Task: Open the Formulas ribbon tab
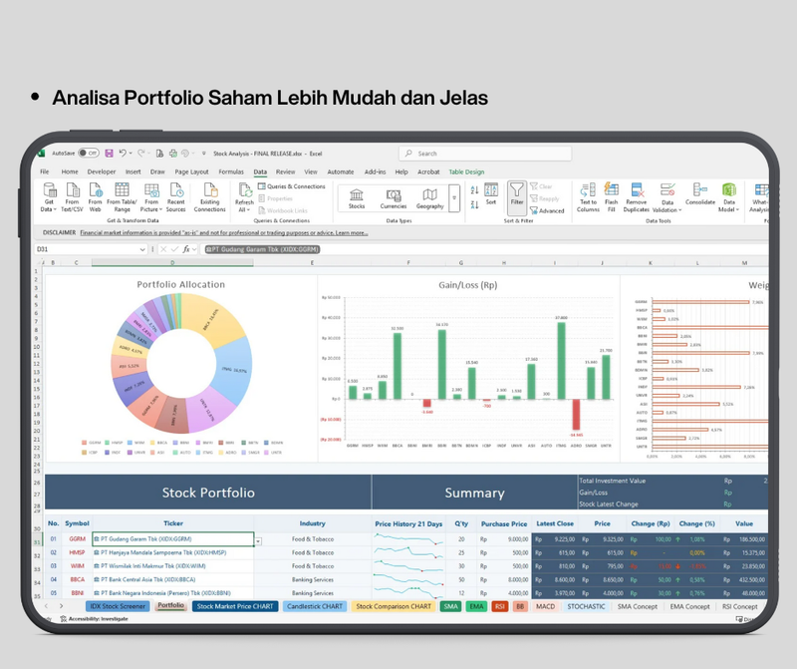231,171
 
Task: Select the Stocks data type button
357,198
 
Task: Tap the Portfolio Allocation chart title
180,284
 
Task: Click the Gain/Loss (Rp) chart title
469,284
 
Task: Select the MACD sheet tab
545,606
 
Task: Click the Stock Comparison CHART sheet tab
394,606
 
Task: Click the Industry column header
312,522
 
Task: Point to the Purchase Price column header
504,522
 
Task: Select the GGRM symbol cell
78,538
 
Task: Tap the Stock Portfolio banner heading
208,493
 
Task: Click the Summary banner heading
474,493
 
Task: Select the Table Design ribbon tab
466,171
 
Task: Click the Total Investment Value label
613,481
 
